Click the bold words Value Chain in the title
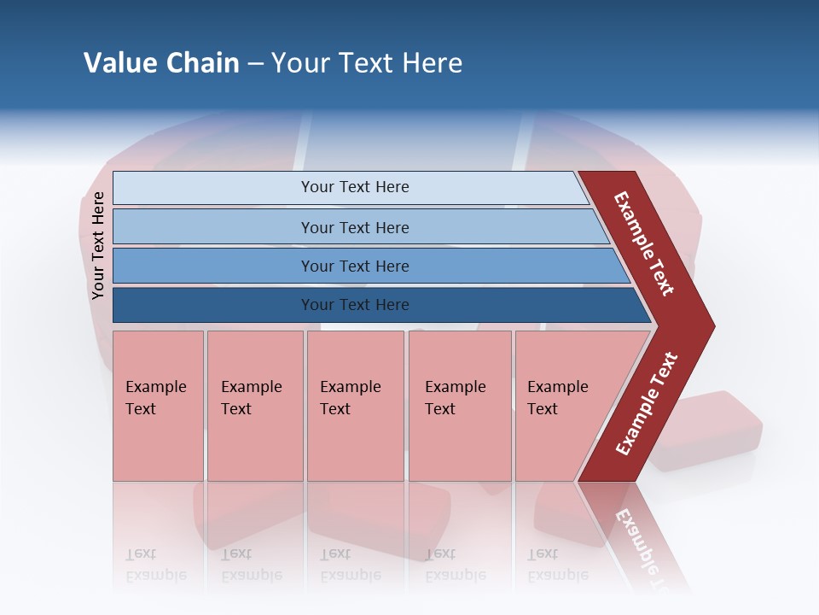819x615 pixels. click(161, 63)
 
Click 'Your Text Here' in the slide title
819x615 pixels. click(367, 63)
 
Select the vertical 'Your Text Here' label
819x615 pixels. click(98, 245)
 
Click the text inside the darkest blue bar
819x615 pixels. click(355, 305)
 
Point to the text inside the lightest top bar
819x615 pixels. click(355, 187)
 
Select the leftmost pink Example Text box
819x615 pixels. click(158, 406)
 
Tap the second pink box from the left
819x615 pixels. click(255, 406)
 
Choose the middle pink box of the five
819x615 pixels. click(355, 406)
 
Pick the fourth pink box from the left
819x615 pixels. click(460, 406)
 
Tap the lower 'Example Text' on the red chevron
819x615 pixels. click(647, 404)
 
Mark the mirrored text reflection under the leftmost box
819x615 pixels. click(155, 565)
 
